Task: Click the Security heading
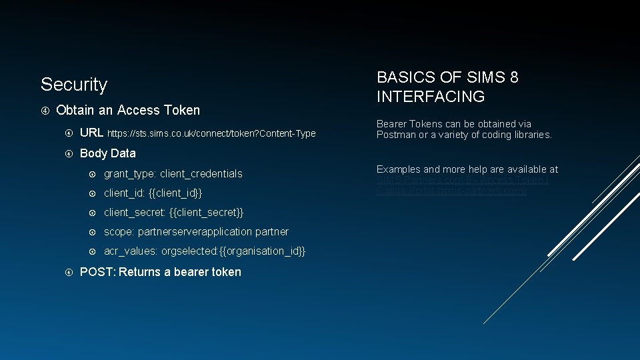click(x=74, y=85)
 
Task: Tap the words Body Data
click(x=107, y=153)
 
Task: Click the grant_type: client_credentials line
click(x=173, y=174)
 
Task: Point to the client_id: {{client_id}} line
click(x=153, y=193)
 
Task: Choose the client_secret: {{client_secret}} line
click(x=173, y=213)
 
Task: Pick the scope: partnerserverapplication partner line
click(x=196, y=232)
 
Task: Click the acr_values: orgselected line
click(x=205, y=251)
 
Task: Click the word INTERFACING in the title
click(x=431, y=97)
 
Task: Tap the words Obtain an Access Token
click(x=128, y=110)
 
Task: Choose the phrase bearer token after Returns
click(x=207, y=272)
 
